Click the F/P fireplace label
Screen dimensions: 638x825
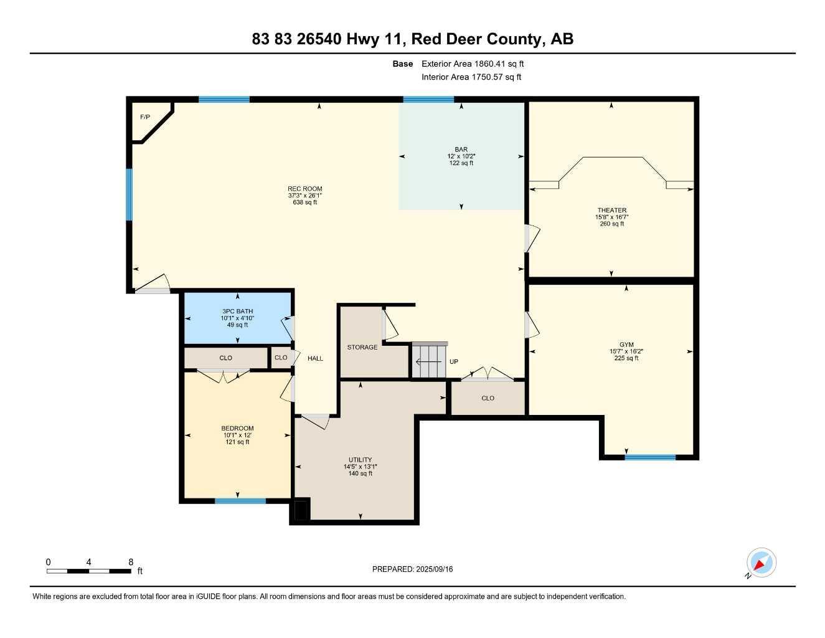coord(144,117)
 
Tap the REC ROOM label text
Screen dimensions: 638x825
coord(305,189)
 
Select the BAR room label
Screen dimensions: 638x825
coord(461,150)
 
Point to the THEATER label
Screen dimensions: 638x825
coord(611,211)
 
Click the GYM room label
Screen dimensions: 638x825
coord(626,345)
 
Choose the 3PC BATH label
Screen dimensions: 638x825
coord(237,312)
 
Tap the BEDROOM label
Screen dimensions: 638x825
coord(237,429)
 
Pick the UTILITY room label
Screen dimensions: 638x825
coord(360,460)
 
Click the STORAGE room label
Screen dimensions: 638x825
coord(362,347)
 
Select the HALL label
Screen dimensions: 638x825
coord(315,358)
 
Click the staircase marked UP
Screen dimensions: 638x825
coord(429,361)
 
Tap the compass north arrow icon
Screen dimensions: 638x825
coord(760,563)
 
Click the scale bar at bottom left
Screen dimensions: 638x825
coord(89,571)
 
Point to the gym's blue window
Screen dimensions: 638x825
coord(650,457)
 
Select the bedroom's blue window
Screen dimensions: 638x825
coord(240,500)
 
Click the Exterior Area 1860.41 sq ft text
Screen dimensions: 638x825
coord(473,64)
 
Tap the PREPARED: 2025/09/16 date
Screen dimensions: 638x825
coord(412,569)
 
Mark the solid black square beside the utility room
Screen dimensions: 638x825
coord(301,510)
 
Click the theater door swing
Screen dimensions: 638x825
coord(532,238)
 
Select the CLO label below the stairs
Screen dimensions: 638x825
coord(488,398)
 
